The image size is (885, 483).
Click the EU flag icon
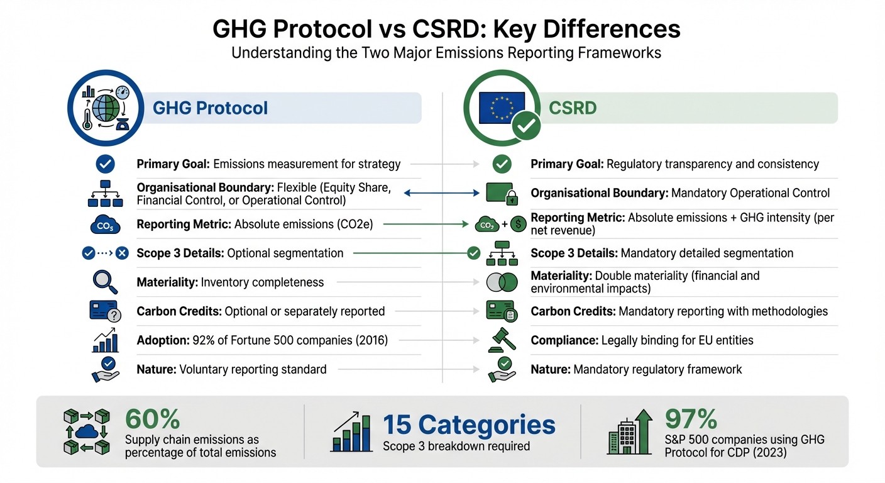coord(500,106)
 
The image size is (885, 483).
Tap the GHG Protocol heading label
coord(210,108)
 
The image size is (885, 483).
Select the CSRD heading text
coord(572,108)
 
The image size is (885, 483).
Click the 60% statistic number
coord(153,419)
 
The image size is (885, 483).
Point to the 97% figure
coord(691,419)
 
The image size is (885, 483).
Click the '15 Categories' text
coord(469,425)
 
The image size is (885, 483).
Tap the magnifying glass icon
coord(105,282)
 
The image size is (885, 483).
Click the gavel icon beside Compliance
coord(502,340)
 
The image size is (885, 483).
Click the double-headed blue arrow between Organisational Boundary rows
coord(438,193)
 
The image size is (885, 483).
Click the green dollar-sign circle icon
coord(519,224)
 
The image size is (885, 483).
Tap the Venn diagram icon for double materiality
coord(502,282)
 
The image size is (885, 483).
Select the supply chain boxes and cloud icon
coord(87,431)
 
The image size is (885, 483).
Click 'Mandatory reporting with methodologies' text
coord(723,311)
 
